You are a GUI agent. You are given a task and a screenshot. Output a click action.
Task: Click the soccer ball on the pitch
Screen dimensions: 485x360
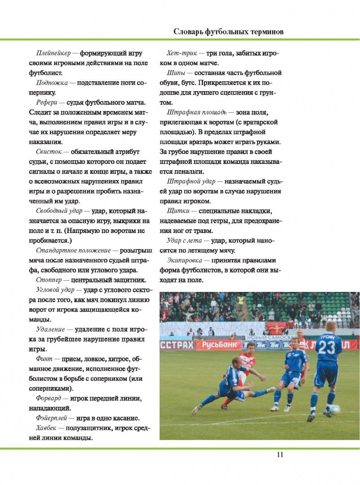coord(335,409)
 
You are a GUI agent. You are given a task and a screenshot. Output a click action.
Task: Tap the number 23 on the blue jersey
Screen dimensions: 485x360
coord(328,348)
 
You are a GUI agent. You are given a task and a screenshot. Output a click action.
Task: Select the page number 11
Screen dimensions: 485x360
coord(280,454)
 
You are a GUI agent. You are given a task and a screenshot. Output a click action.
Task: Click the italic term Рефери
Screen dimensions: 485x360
coord(46,102)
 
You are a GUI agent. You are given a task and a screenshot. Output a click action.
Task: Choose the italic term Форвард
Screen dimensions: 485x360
coord(49,398)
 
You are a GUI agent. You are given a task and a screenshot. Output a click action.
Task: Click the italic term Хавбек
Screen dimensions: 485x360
coord(47,428)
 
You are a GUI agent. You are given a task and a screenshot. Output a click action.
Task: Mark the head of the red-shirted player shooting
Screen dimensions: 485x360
coord(249,347)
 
